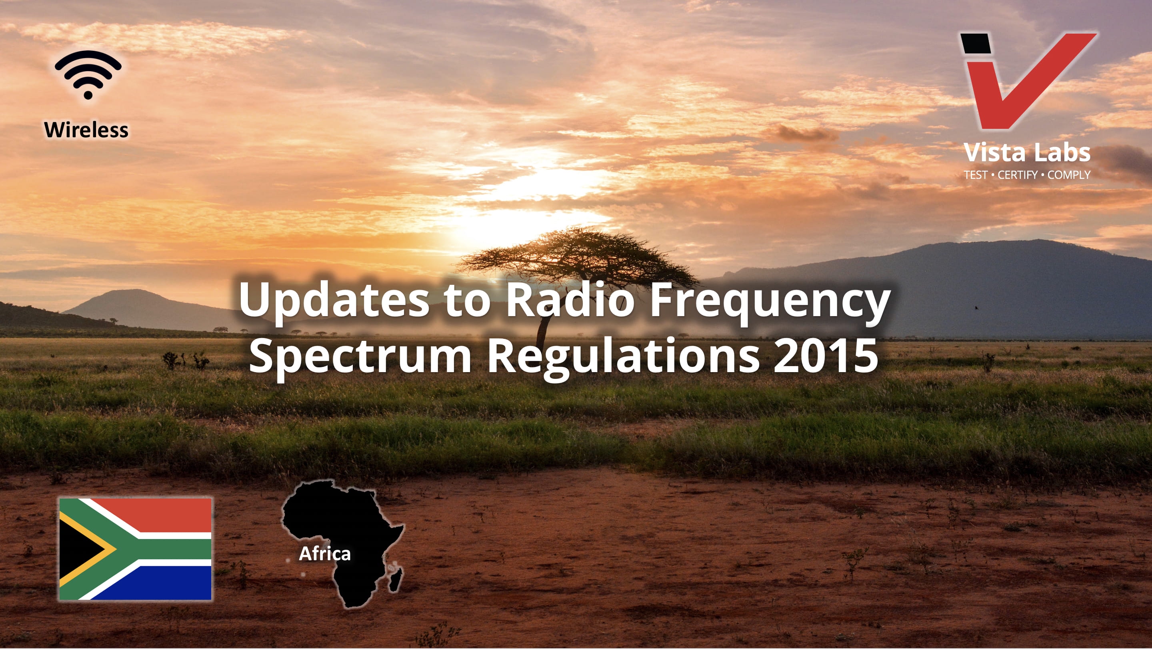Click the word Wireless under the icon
[x=86, y=130]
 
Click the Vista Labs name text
[x=1027, y=152]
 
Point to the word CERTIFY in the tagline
[x=1017, y=175]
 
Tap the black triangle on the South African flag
[x=78, y=549]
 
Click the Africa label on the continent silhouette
[x=325, y=554]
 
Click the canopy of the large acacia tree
[x=577, y=255]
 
